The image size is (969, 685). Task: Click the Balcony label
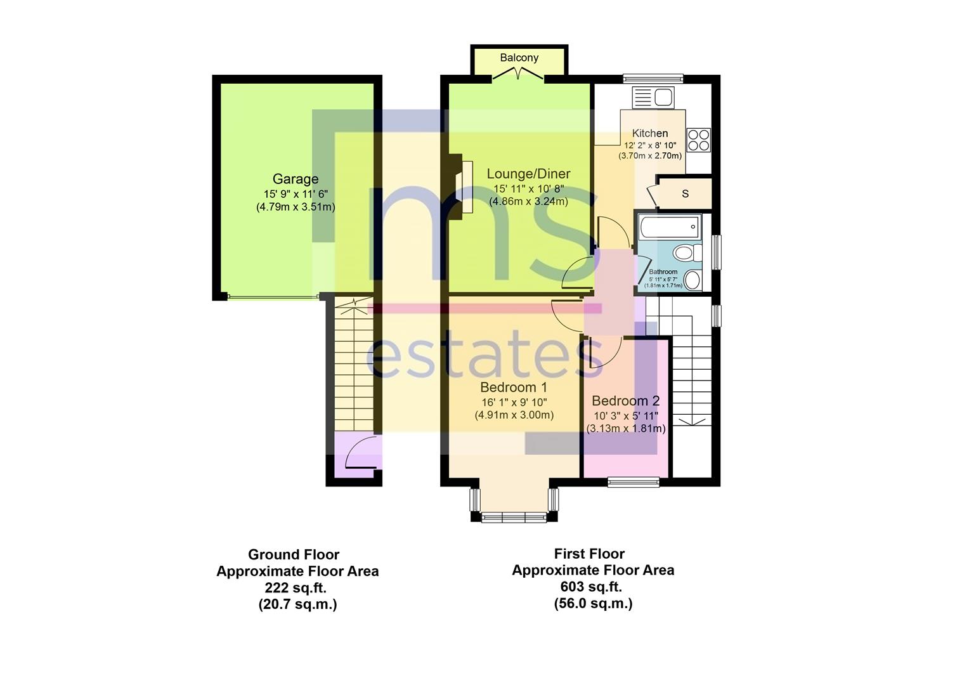[519, 58]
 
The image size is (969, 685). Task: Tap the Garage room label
[296, 179]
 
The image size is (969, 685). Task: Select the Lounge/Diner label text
[528, 174]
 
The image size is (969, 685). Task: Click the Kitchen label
[650, 133]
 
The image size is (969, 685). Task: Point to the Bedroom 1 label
[514, 388]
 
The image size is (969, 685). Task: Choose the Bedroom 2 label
[625, 401]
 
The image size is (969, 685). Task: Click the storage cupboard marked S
[685, 194]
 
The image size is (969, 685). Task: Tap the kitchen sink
[654, 98]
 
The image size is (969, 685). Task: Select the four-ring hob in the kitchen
[699, 140]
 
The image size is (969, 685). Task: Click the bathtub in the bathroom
[669, 226]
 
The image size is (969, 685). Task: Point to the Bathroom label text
[663, 272]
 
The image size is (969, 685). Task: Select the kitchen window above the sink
[653, 79]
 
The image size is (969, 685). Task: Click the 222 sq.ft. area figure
[297, 587]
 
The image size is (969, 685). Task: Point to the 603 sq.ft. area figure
[592, 587]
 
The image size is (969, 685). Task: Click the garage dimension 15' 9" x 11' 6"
[296, 194]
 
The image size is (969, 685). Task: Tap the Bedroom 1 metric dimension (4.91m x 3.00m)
[514, 415]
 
